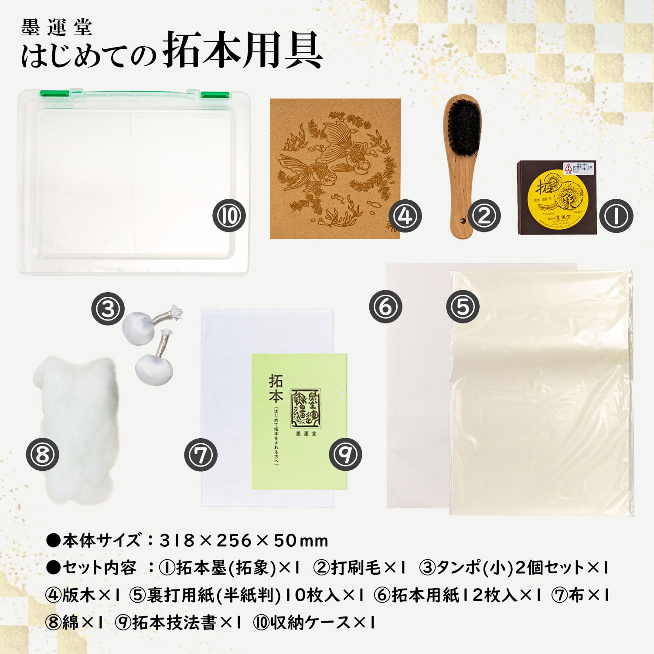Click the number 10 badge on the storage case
tap(229, 215)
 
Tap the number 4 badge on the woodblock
tap(405, 215)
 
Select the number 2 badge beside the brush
tap(484, 215)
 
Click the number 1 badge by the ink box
tap(616, 215)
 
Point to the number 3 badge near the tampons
tap(108, 309)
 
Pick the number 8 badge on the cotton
tap(42, 454)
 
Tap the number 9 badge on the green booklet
tap(345, 454)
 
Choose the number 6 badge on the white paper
tap(385, 307)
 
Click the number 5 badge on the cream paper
tap(462, 307)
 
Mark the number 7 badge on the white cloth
tap(201, 455)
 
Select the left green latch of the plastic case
tap(54, 93)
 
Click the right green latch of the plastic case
tap(215, 95)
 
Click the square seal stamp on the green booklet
tap(305, 408)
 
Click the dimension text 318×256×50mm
tap(244, 541)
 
